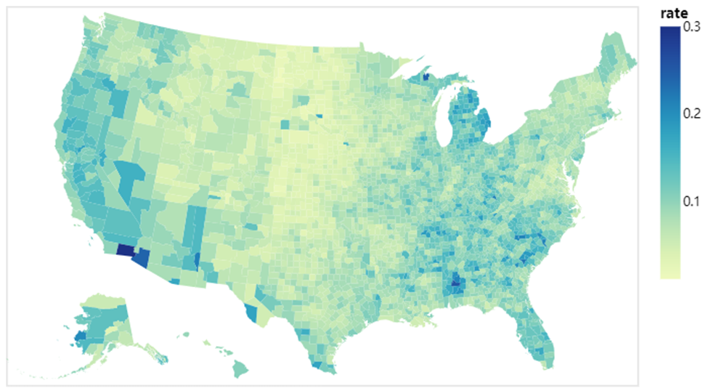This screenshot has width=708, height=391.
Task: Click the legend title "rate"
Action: coord(673,13)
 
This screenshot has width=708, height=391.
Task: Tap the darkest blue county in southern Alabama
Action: coord(456,284)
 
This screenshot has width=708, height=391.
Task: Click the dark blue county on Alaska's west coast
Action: coord(78,336)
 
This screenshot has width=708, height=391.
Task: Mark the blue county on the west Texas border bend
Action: coord(251,313)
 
